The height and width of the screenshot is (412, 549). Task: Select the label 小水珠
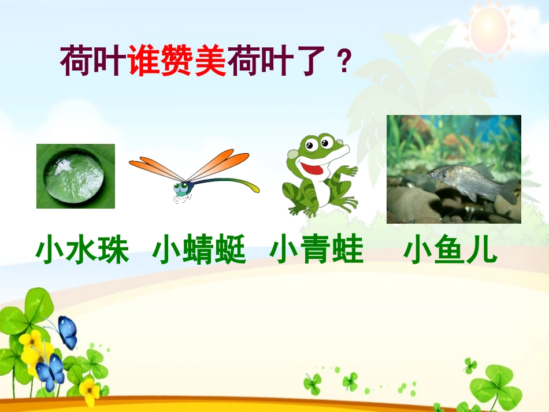(x=82, y=251)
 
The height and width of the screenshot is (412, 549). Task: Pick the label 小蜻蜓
(x=199, y=251)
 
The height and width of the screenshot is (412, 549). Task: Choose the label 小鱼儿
(x=450, y=251)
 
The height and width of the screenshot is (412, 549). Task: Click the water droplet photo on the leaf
(x=76, y=176)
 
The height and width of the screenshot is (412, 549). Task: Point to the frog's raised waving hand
(x=348, y=171)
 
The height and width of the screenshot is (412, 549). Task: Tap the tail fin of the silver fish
(x=509, y=191)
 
